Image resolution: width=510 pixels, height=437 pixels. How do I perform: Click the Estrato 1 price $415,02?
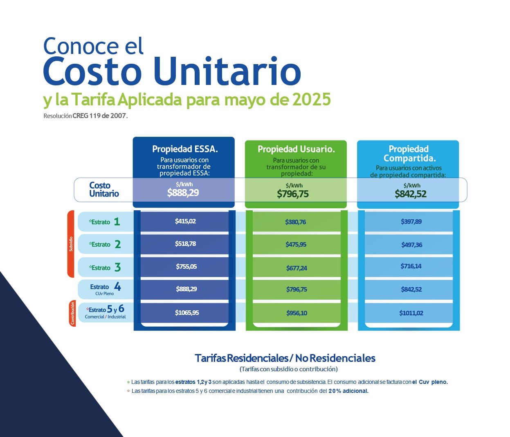[x=185, y=221]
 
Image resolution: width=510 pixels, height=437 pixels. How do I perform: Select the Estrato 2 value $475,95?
[x=296, y=244]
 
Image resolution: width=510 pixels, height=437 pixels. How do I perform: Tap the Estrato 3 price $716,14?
[x=411, y=266]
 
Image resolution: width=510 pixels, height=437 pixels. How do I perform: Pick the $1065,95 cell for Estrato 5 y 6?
[x=187, y=312]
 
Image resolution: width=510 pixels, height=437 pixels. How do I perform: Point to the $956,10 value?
[x=297, y=313]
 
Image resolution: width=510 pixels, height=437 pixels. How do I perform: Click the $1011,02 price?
[x=411, y=313]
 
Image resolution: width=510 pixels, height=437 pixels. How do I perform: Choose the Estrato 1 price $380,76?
[x=296, y=222]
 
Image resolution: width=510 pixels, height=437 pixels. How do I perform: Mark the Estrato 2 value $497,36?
[x=411, y=245]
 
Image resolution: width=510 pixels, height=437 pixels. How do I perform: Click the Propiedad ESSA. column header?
[x=185, y=149]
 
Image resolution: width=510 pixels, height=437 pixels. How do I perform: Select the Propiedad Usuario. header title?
[x=297, y=149]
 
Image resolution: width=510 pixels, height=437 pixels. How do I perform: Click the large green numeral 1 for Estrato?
[x=117, y=222]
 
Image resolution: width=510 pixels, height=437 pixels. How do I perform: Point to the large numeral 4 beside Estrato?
[x=117, y=286]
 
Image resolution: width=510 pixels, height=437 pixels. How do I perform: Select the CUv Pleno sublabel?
[x=105, y=294]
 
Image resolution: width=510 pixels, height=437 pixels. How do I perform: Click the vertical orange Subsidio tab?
[x=71, y=244]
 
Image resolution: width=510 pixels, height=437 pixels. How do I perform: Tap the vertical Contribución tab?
[x=72, y=313]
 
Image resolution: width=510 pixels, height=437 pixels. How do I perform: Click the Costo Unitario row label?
[x=104, y=190]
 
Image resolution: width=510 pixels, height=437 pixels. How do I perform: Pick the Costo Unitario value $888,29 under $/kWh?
[x=183, y=192]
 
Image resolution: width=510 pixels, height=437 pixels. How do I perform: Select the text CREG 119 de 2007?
[x=100, y=116]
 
